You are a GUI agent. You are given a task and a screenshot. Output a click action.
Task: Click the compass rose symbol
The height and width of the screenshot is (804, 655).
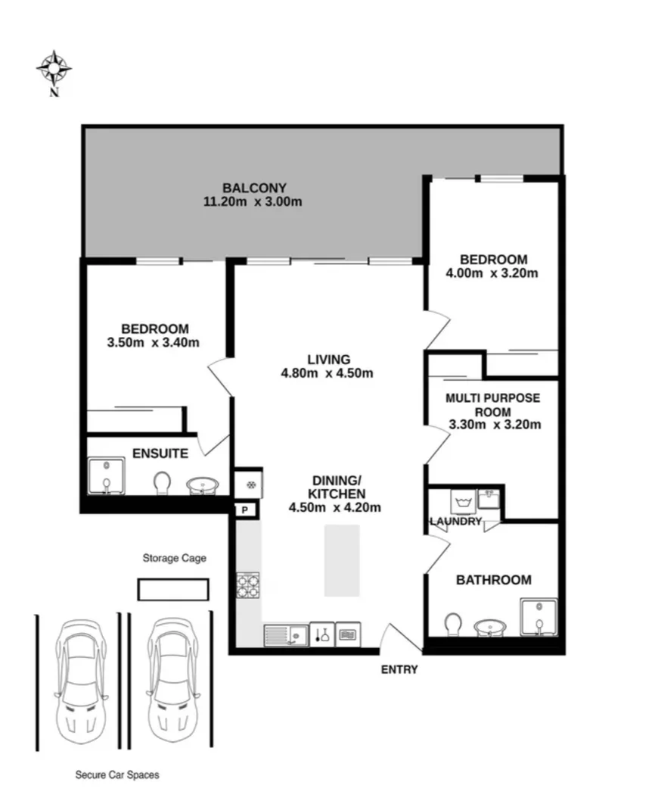pos(54,69)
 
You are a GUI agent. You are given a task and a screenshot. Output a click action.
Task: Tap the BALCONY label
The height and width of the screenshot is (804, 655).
pos(254,188)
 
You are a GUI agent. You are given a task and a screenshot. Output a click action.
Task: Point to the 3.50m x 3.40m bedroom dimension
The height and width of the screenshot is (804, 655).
pos(154,342)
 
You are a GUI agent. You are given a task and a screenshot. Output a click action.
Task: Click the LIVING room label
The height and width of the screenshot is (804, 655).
pos(328,359)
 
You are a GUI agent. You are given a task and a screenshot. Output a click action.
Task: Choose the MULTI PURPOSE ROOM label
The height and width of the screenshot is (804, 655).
pos(492,404)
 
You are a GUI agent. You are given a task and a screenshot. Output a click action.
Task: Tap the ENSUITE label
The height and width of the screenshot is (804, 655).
pos(160,453)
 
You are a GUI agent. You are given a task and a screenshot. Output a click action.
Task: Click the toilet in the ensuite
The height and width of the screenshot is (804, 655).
pos(163,483)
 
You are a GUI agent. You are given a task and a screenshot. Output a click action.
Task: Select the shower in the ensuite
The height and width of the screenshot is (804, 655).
pos(107,475)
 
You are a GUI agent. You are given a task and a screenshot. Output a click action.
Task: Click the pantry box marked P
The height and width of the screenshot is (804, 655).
pos(244,510)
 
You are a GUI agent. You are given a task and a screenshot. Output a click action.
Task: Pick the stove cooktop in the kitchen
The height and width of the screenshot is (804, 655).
pos(248,584)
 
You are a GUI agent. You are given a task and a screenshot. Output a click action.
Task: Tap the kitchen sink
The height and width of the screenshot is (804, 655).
pos(286,634)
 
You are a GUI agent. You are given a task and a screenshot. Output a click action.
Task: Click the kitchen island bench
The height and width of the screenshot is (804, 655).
pos(342,560)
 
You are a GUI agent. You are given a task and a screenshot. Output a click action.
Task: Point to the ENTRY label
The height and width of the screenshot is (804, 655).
pos(399,669)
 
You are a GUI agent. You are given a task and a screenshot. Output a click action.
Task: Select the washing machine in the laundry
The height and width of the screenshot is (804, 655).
pos(463,502)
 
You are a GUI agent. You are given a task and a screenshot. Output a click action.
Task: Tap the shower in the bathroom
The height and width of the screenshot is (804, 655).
pos(539,616)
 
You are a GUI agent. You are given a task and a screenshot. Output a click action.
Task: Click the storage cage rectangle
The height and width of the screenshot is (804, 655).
pos(172,589)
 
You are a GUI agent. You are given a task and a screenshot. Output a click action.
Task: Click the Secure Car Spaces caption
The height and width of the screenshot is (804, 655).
pos(117,775)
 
